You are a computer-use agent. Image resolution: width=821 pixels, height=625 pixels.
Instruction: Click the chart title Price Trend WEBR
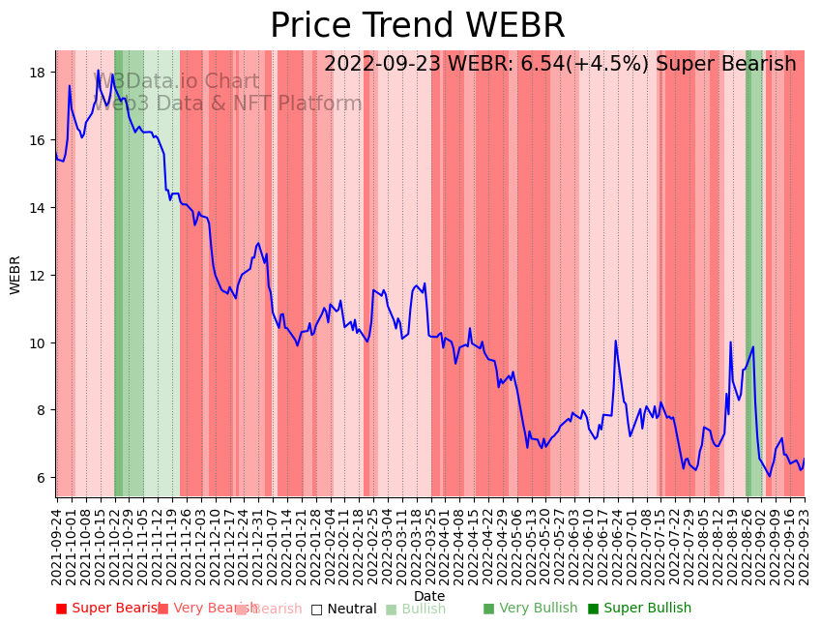click(x=417, y=26)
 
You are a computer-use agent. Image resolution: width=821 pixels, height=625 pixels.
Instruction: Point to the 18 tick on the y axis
click(x=40, y=73)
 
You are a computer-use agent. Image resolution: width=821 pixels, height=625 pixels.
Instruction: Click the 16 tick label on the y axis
click(x=40, y=140)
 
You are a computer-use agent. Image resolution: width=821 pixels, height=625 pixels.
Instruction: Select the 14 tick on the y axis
click(x=40, y=208)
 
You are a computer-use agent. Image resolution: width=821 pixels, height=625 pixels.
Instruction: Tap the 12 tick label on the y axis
click(x=40, y=276)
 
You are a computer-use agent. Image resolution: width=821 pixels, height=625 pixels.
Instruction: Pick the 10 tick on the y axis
click(x=40, y=343)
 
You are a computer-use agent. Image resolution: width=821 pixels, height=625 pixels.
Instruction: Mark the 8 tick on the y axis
click(x=44, y=410)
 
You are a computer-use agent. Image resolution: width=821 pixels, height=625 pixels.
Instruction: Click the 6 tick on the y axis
click(x=44, y=478)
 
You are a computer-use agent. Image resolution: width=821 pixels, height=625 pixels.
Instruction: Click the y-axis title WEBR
click(x=15, y=275)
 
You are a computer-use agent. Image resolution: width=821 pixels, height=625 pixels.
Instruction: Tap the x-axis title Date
click(x=429, y=596)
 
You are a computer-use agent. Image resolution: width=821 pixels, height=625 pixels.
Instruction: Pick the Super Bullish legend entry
click(x=639, y=609)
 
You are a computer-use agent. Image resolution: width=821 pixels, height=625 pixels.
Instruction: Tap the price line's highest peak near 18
click(x=98, y=70)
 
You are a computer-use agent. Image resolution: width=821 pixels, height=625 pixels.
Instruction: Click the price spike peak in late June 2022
click(x=615, y=341)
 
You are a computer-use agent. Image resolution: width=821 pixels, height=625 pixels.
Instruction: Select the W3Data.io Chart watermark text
click(x=177, y=81)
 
